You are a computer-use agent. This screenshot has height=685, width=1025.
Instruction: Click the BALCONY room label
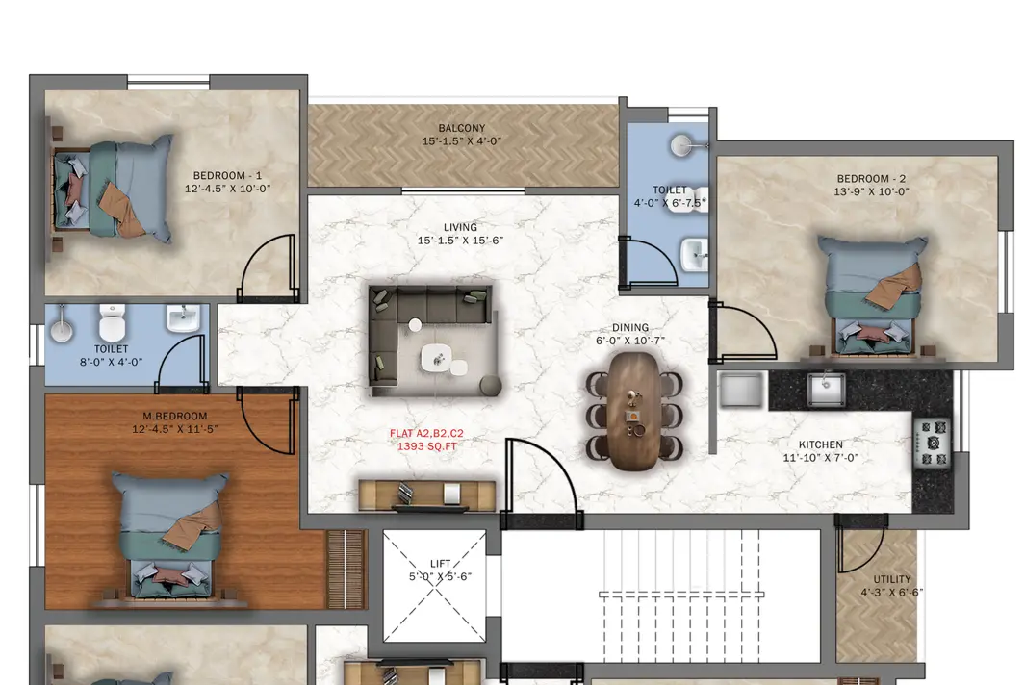[462, 128]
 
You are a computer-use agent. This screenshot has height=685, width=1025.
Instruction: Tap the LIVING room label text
[460, 227]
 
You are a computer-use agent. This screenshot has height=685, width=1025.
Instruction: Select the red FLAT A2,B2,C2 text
[426, 433]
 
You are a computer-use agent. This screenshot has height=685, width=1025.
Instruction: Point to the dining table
[632, 411]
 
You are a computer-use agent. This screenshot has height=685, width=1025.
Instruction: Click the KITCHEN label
[820, 444]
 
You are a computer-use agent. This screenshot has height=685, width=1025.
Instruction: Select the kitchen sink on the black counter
[826, 390]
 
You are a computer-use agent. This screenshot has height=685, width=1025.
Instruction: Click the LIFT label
[441, 564]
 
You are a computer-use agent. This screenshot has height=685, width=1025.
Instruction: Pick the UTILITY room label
[892, 579]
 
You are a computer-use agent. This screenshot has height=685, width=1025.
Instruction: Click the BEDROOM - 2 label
[871, 178]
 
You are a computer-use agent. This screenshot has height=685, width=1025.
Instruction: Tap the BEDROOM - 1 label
[227, 175]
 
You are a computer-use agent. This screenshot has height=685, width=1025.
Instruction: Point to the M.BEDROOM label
[174, 416]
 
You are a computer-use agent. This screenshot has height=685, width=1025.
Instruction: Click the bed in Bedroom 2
[873, 297]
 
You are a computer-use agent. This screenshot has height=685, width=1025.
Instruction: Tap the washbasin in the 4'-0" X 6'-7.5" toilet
[695, 254]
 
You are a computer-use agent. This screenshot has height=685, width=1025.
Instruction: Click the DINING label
[630, 327]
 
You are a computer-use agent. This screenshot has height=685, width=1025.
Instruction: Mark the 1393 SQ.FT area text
[427, 446]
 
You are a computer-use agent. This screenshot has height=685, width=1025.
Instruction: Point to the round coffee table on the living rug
[436, 358]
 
